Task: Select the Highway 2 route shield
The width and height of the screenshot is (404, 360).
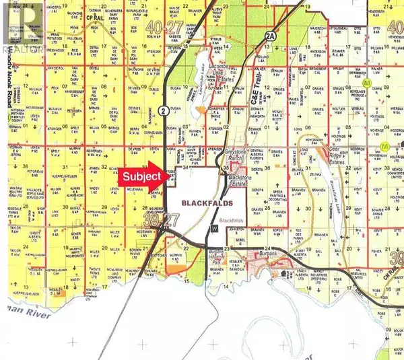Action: [x=162, y=110]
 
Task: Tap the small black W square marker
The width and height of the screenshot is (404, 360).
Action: [x=215, y=228]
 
